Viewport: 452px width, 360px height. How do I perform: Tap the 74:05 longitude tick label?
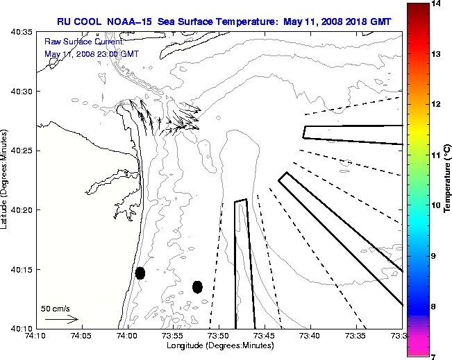click(81, 336)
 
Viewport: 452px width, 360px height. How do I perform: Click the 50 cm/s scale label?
click(56, 308)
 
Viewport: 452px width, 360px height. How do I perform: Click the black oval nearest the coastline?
click(140, 273)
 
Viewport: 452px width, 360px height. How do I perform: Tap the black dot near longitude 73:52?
click(197, 286)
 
